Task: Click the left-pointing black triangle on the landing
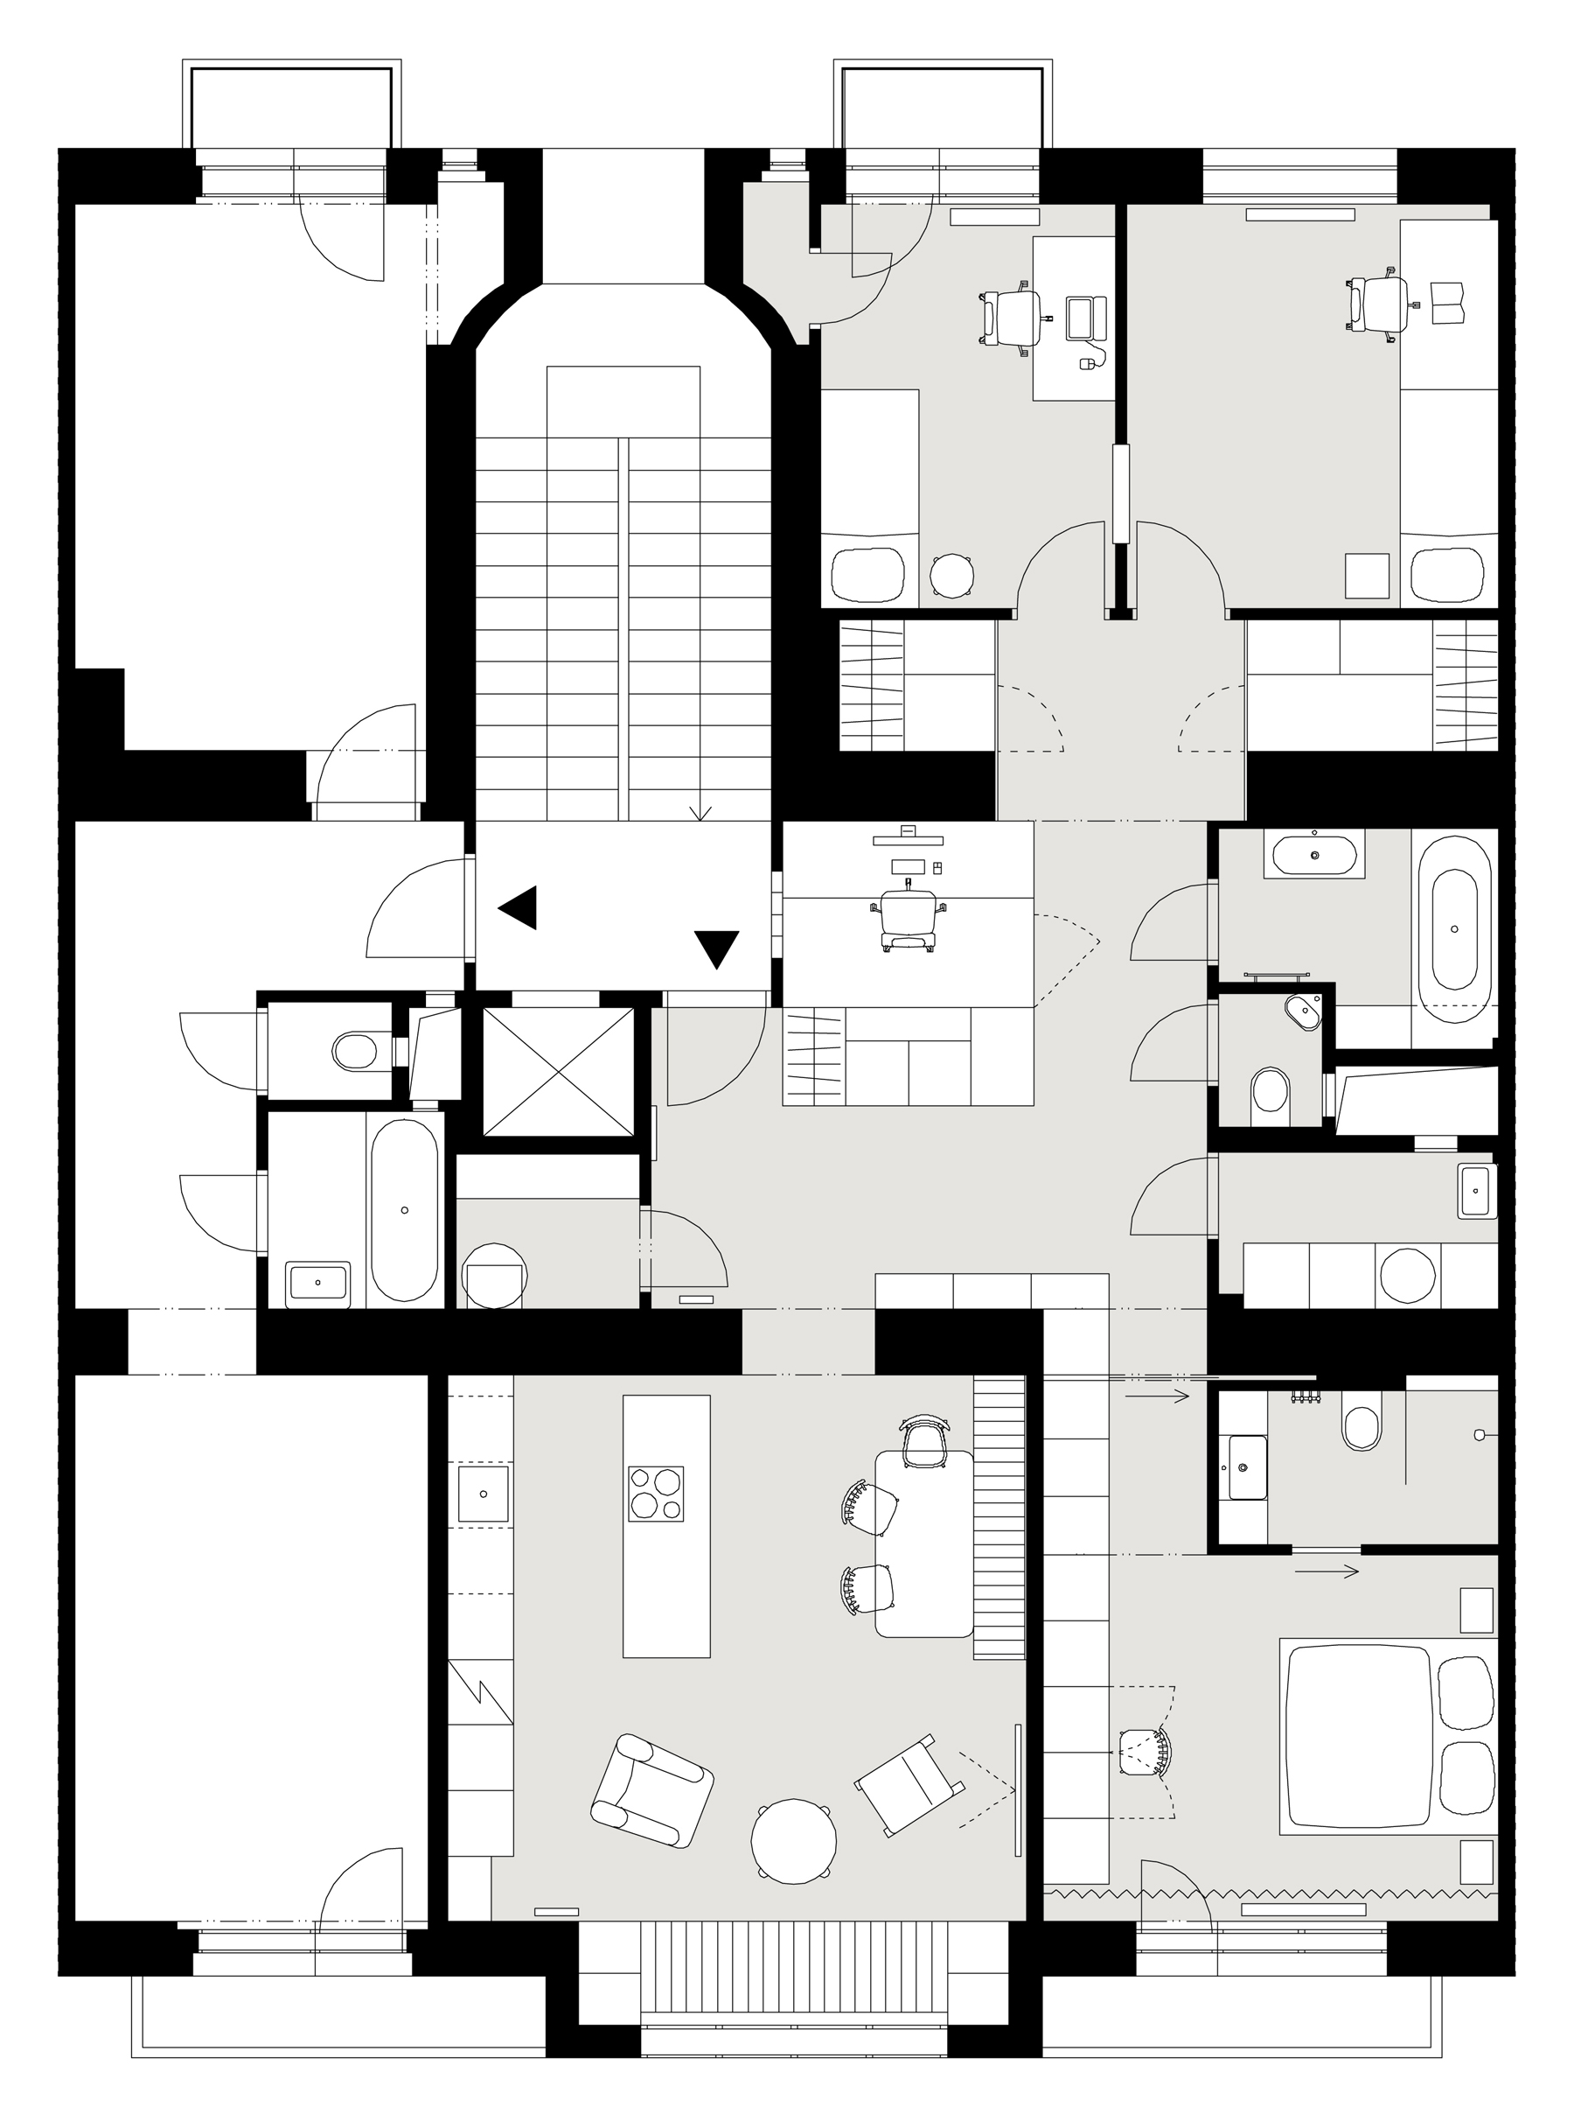click(x=520, y=907)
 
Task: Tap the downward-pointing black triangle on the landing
click(x=715, y=948)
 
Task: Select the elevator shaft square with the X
click(x=558, y=1071)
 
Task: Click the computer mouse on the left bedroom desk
click(x=1085, y=363)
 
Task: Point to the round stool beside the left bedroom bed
click(x=951, y=576)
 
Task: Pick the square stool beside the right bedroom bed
click(x=1366, y=575)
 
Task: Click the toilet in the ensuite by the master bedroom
click(x=1362, y=1423)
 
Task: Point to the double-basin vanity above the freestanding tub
click(x=1314, y=855)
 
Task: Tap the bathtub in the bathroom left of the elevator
click(x=405, y=1210)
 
